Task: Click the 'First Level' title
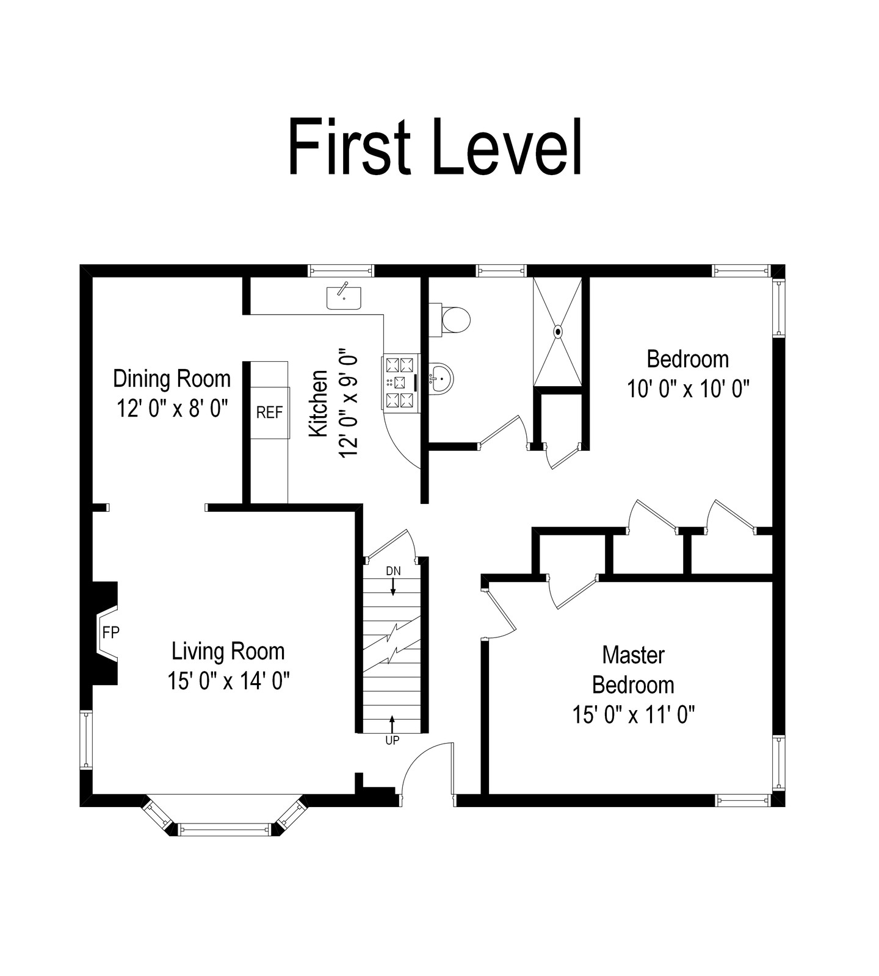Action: click(435, 147)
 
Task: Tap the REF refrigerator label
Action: click(269, 413)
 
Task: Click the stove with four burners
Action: click(400, 382)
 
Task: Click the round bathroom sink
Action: click(440, 378)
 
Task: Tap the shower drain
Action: click(558, 332)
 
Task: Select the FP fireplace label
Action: click(110, 633)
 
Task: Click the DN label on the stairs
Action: click(393, 571)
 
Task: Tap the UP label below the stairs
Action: click(392, 740)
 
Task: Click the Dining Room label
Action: click(172, 379)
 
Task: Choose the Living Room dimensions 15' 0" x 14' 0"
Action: click(228, 681)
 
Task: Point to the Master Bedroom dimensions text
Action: click(634, 714)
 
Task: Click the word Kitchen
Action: click(319, 403)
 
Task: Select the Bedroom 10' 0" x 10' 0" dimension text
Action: click(688, 389)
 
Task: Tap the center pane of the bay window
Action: click(224, 829)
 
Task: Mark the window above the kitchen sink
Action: click(340, 271)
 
